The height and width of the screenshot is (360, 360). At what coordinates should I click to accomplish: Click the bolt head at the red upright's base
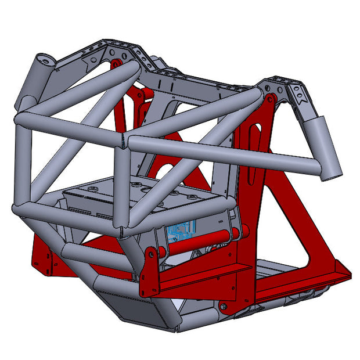click(224, 304)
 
